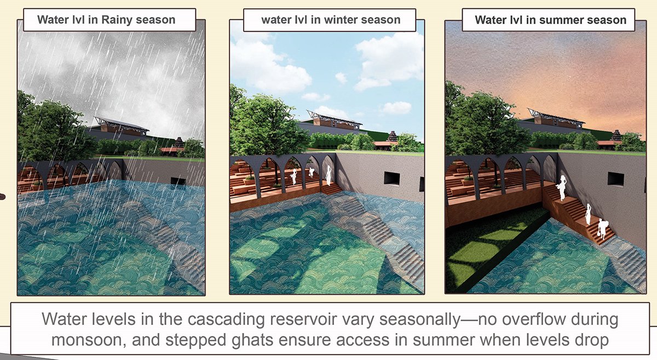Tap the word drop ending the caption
tap(590, 340)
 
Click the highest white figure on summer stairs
tap(562, 188)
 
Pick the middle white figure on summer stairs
tap(588, 214)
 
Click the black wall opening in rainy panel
tap(178, 181)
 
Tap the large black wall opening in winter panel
tap(392, 179)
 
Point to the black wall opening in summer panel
tap(615, 179)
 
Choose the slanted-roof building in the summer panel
tap(554, 120)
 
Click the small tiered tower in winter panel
tap(393, 136)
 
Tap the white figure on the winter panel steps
tap(328, 175)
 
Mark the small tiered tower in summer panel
tap(617, 135)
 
